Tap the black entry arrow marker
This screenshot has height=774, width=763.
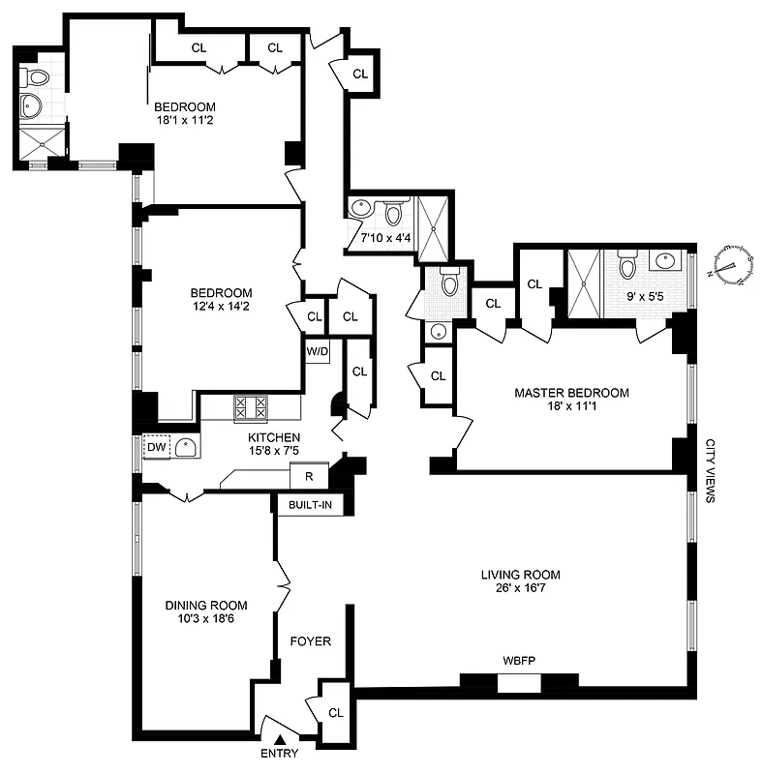coord(281,740)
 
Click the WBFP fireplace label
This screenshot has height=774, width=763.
coord(519,660)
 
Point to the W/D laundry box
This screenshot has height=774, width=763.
coord(317,351)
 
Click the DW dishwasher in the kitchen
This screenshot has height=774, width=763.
coord(155,447)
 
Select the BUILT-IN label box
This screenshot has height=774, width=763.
coord(309,504)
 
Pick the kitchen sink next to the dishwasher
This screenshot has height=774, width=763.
coord(186,446)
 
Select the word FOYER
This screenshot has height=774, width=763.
coord(311,640)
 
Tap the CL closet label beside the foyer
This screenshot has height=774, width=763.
coord(336,713)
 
